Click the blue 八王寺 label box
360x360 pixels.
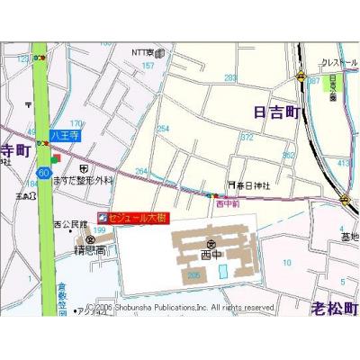(x=66, y=135)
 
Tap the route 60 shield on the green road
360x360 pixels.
(x=43, y=171)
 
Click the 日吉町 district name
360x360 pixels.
(x=275, y=112)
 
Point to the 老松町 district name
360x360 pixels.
(x=334, y=306)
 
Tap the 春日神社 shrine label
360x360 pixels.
(x=253, y=184)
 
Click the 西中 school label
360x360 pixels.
(x=210, y=255)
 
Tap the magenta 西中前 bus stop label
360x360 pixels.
(x=229, y=204)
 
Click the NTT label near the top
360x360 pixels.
(x=144, y=53)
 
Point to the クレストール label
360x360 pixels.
(x=339, y=63)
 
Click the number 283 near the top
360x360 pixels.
(x=229, y=77)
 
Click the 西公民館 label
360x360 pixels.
(x=71, y=223)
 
